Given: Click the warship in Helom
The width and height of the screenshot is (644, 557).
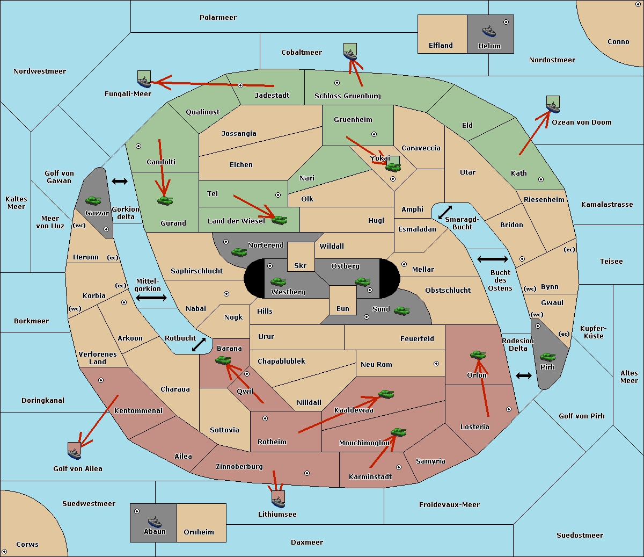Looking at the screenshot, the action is coord(489,31).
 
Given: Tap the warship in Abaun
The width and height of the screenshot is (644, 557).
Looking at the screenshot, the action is coord(155,522).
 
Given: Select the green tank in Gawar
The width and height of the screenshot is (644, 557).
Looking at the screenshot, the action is coord(93,200).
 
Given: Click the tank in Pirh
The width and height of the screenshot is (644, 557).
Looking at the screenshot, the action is coord(547,357).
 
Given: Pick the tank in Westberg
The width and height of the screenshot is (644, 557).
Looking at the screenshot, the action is coord(278,281).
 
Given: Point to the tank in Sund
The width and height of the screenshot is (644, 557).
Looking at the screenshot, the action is coord(401,310).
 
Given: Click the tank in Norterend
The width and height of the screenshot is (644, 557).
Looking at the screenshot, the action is coord(239,252).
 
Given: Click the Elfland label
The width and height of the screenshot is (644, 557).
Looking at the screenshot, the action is coord(441,46).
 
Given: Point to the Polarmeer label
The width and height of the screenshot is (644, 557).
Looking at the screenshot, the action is coord(218,18).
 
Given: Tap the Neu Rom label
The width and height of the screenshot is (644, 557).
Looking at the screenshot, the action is coord(376,364).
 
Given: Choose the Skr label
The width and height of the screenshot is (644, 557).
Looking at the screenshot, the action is coord(301,265).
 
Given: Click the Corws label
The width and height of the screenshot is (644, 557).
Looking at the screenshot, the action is coord(27,544).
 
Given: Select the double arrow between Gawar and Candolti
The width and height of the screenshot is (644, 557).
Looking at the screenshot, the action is coord(120,181).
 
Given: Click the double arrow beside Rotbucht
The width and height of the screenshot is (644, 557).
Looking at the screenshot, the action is coord(199,344).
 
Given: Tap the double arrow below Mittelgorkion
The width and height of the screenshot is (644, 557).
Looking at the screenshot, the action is coord(151,298).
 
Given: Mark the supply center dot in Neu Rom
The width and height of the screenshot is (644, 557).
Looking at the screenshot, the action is coord(436,364).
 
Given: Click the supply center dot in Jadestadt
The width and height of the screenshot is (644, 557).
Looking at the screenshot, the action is coord(240,85).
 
